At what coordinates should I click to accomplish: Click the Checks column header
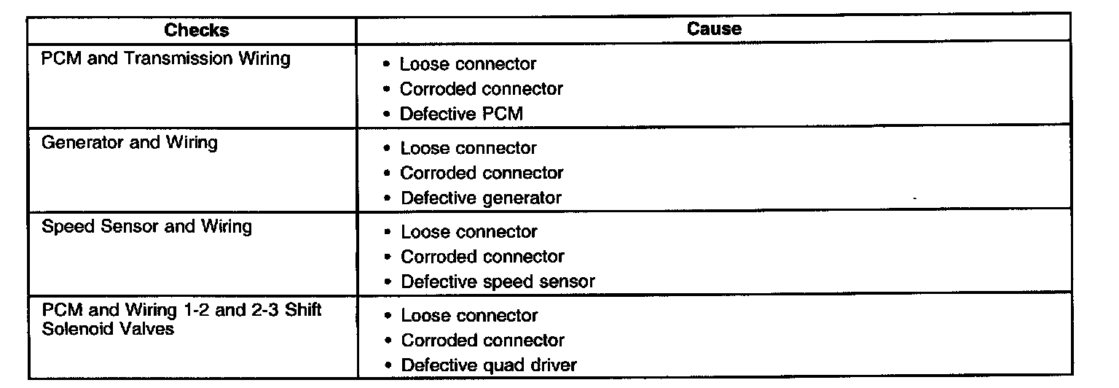[x=196, y=30]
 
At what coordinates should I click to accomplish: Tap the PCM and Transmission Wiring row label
[x=165, y=59]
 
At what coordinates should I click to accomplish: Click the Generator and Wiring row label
[x=129, y=142]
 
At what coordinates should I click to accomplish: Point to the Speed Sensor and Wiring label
[x=146, y=226]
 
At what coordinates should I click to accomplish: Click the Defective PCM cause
[x=461, y=114]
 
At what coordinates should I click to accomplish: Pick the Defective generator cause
[x=482, y=198]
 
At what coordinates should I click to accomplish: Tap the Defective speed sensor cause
[x=498, y=282]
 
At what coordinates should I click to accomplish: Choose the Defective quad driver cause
[x=489, y=365]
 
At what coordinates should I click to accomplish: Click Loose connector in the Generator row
[x=468, y=148]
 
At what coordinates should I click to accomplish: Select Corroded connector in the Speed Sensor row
[x=482, y=257]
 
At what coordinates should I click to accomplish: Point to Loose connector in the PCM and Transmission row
[x=468, y=64]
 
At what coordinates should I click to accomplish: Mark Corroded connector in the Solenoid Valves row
[x=482, y=341]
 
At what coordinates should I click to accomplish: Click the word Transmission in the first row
[x=183, y=59]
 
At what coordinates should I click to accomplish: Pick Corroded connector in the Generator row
[x=482, y=173]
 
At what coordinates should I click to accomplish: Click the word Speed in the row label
[x=66, y=226]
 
